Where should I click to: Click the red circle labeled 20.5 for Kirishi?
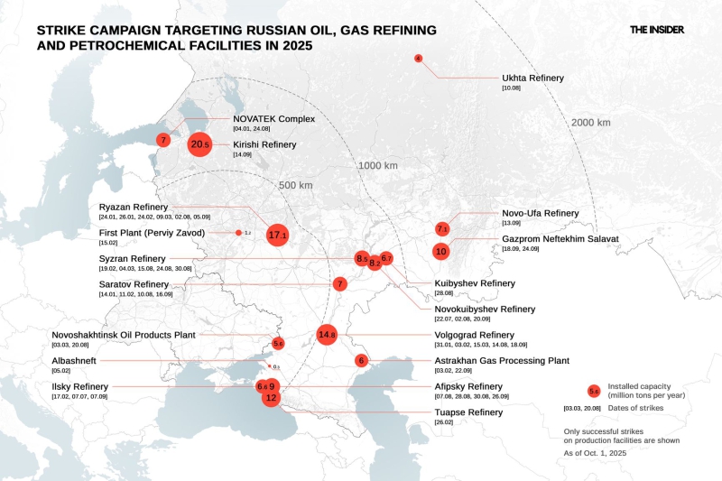coord(199,143)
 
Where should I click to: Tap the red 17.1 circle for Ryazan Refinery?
coord(277,235)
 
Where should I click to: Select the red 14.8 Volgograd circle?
coord(327,335)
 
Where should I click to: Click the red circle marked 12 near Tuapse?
coord(271,397)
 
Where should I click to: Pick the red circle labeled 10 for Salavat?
coord(440,251)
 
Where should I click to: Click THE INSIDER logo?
coord(656,29)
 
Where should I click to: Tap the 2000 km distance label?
coord(590,123)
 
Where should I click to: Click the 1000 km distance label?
coord(377,165)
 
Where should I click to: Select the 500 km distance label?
coord(294,185)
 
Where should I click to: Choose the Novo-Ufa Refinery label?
coord(540,213)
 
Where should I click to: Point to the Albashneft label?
coord(78,360)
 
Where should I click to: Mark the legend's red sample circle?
coord(594,391)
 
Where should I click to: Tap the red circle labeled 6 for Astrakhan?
coord(361,360)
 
